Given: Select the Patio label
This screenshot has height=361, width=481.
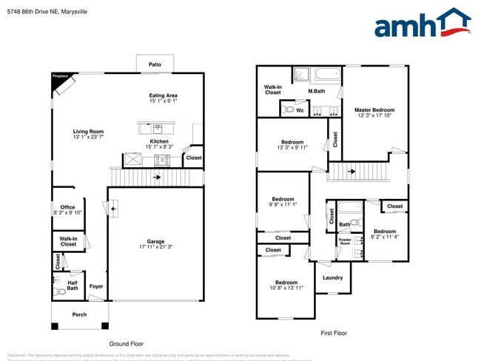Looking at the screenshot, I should coord(155,65).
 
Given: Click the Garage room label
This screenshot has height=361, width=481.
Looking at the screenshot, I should coord(155,241).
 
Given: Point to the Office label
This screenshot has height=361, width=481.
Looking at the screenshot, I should coord(68,207).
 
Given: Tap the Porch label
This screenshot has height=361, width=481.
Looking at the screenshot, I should coord(79,314).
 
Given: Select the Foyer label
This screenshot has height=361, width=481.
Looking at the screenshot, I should coord(96,286).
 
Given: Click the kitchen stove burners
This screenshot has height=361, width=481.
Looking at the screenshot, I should coord(162,158).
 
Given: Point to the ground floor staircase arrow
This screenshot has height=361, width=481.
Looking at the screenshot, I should coord(156,178).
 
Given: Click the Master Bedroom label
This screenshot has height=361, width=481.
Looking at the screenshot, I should coord(374,109).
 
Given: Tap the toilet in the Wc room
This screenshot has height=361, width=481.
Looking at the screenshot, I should coord(289,109).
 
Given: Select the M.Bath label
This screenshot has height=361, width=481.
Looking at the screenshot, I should coord(317,91).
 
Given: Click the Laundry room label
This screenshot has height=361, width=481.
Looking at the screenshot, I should coord(333,277).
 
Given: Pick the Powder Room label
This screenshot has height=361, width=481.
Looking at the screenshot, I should coord(345,241).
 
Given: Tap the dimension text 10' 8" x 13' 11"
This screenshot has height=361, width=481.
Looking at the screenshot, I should coord(286,288).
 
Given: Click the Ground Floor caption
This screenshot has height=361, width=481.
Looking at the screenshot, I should coord(127,344).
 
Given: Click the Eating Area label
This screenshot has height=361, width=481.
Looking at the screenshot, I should coord(163,95).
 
